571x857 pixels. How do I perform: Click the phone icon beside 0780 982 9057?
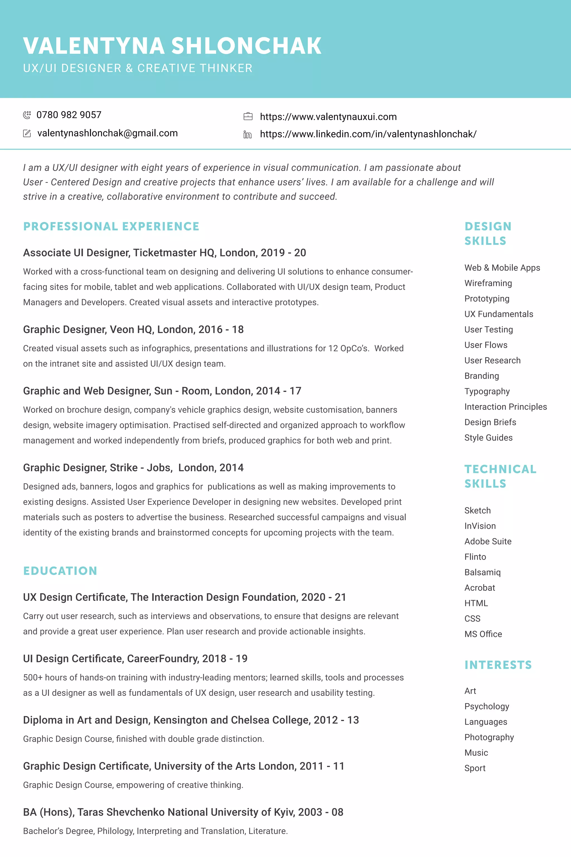click(27, 115)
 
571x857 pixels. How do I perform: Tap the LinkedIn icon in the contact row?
click(247, 135)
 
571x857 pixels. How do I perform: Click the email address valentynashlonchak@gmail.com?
click(107, 133)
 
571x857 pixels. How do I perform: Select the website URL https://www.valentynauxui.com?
click(328, 117)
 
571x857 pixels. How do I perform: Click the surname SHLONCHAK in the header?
click(246, 46)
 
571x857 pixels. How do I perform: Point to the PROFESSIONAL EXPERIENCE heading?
click(111, 226)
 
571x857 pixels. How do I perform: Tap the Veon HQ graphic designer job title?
click(133, 330)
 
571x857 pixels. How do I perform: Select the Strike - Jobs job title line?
click(133, 468)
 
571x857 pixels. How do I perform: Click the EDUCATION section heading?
click(60, 571)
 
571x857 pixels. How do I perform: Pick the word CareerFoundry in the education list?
click(163, 659)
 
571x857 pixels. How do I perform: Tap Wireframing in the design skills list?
click(488, 283)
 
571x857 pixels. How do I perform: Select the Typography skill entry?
click(487, 391)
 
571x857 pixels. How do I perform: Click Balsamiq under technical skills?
click(483, 572)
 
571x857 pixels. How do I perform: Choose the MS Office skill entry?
click(483, 634)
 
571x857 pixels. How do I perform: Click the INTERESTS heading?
click(498, 665)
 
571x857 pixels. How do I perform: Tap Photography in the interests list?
click(489, 737)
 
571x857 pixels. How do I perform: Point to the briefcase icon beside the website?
click(248, 117)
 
